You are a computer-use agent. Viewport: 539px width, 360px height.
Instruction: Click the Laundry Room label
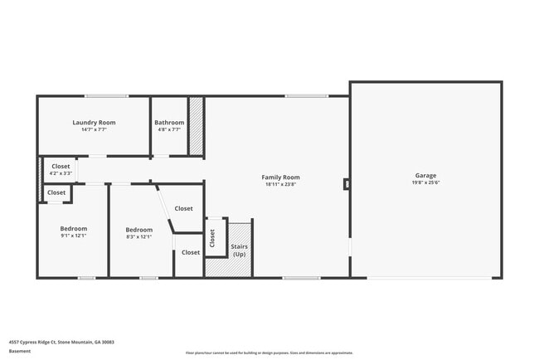[94, 123]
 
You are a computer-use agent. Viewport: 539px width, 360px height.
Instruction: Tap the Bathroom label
[170, 123]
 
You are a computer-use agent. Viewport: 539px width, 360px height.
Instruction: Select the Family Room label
[280, 178]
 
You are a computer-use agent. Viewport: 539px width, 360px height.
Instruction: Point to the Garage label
[426, 176]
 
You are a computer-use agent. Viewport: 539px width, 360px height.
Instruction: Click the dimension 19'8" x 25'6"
[426, 183]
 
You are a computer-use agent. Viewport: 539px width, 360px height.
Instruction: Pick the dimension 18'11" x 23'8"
[280, 185]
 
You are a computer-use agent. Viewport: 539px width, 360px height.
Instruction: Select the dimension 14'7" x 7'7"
[94, 130]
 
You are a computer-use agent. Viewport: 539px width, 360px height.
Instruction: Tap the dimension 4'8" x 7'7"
[170, 130]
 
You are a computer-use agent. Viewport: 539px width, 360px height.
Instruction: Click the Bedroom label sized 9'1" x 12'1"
[73, 229]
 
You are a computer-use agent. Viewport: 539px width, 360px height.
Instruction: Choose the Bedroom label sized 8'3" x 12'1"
[138, 230]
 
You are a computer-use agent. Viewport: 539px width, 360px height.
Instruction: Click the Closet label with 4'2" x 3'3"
[61, 166]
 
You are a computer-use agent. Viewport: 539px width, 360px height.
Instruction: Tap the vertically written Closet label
[213, 239]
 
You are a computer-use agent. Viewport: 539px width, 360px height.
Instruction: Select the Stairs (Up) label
[239, 250]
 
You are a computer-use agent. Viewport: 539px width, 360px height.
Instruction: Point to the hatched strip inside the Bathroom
[197, 126]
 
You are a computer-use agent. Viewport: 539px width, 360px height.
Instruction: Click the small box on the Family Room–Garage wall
[347, 184]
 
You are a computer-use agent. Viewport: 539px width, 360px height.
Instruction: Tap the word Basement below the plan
[19, 351]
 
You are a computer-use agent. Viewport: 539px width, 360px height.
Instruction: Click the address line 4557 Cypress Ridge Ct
[61, 342]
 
